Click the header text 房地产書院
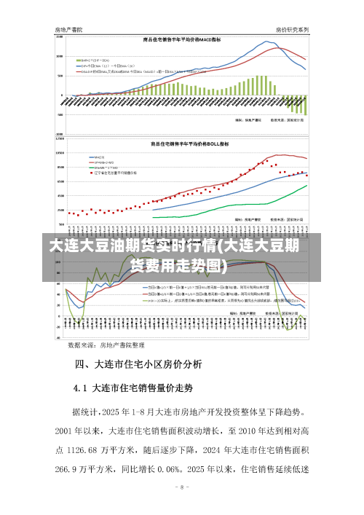tap(69, 29)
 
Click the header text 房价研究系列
tap(293, 29)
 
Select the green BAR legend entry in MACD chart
tap(95, 59)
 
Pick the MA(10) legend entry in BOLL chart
tap(96, 157)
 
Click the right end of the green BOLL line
tap(307, 184)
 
